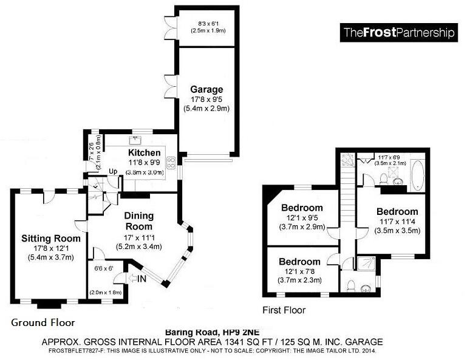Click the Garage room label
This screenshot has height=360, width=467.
pos(206,89)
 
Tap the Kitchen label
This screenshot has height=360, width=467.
pos(144,153)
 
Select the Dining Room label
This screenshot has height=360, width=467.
pos(139,221)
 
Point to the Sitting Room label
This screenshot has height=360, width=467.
pos(51,239)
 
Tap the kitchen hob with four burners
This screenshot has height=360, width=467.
pos(171,163)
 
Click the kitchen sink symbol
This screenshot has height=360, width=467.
pos(137,139)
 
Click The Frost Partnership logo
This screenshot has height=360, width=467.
pos(399,32)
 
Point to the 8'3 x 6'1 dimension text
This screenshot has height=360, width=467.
pos(208,24)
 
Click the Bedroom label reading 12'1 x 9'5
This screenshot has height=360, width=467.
pos(302,208)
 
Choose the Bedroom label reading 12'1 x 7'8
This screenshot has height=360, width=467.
pos(299,262)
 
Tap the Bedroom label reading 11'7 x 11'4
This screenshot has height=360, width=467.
pos(397,212)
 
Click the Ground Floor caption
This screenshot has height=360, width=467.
pos(43,322)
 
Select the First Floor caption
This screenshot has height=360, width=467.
pos(284,310)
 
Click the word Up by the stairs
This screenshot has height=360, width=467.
pos(113,171)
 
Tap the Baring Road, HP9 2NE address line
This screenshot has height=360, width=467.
pos(213,332)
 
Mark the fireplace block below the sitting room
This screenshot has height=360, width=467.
pos(49,304)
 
